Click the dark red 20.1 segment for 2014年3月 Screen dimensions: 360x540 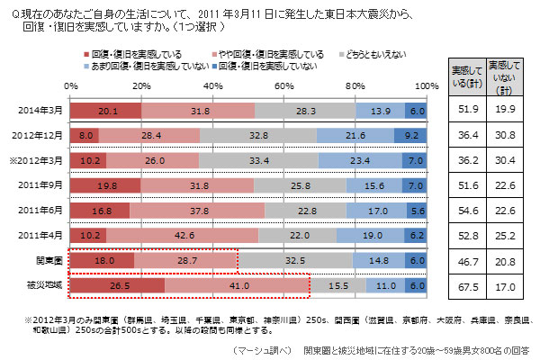[105, 110]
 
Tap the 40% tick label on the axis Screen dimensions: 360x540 [212, 85]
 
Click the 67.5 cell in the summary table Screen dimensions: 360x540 [466, 287]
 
